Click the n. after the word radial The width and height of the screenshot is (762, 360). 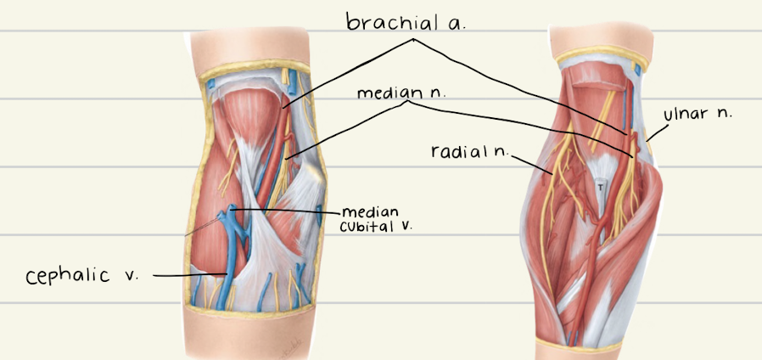(501, 151)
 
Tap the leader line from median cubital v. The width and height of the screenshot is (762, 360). (289, 210)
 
